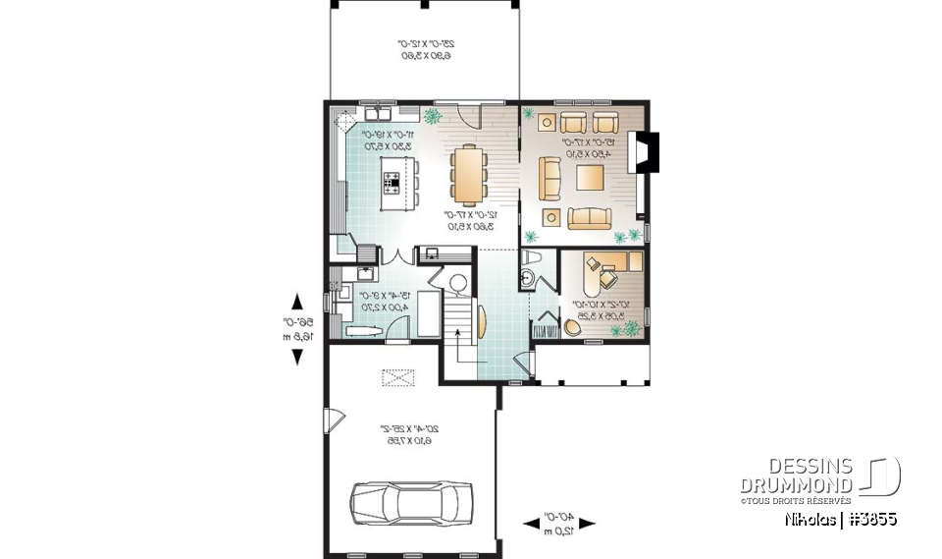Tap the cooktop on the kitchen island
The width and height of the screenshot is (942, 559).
tap(392, 182)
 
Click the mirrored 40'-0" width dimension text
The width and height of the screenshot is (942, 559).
tap(561, 523)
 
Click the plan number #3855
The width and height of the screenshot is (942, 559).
tap(872, 519)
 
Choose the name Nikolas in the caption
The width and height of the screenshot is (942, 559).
tap(810, 519)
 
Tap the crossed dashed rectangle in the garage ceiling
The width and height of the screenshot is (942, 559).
tap(397, 376)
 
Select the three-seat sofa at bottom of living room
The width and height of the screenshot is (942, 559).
tap(588, 217)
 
